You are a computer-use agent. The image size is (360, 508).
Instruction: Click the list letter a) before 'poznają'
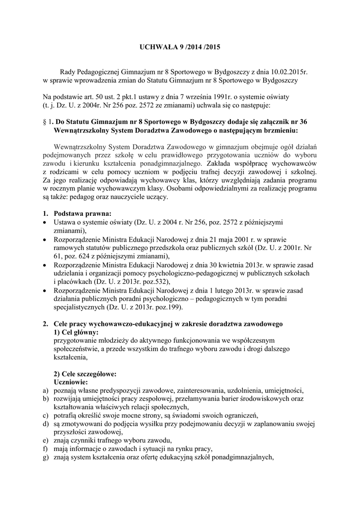tap(46, 390)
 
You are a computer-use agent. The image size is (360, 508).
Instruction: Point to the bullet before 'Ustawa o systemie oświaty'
tap(46, 222)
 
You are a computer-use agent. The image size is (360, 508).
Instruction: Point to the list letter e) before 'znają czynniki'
tap(46, 441)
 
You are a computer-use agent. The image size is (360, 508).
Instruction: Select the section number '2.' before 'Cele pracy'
tap(46, 323)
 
